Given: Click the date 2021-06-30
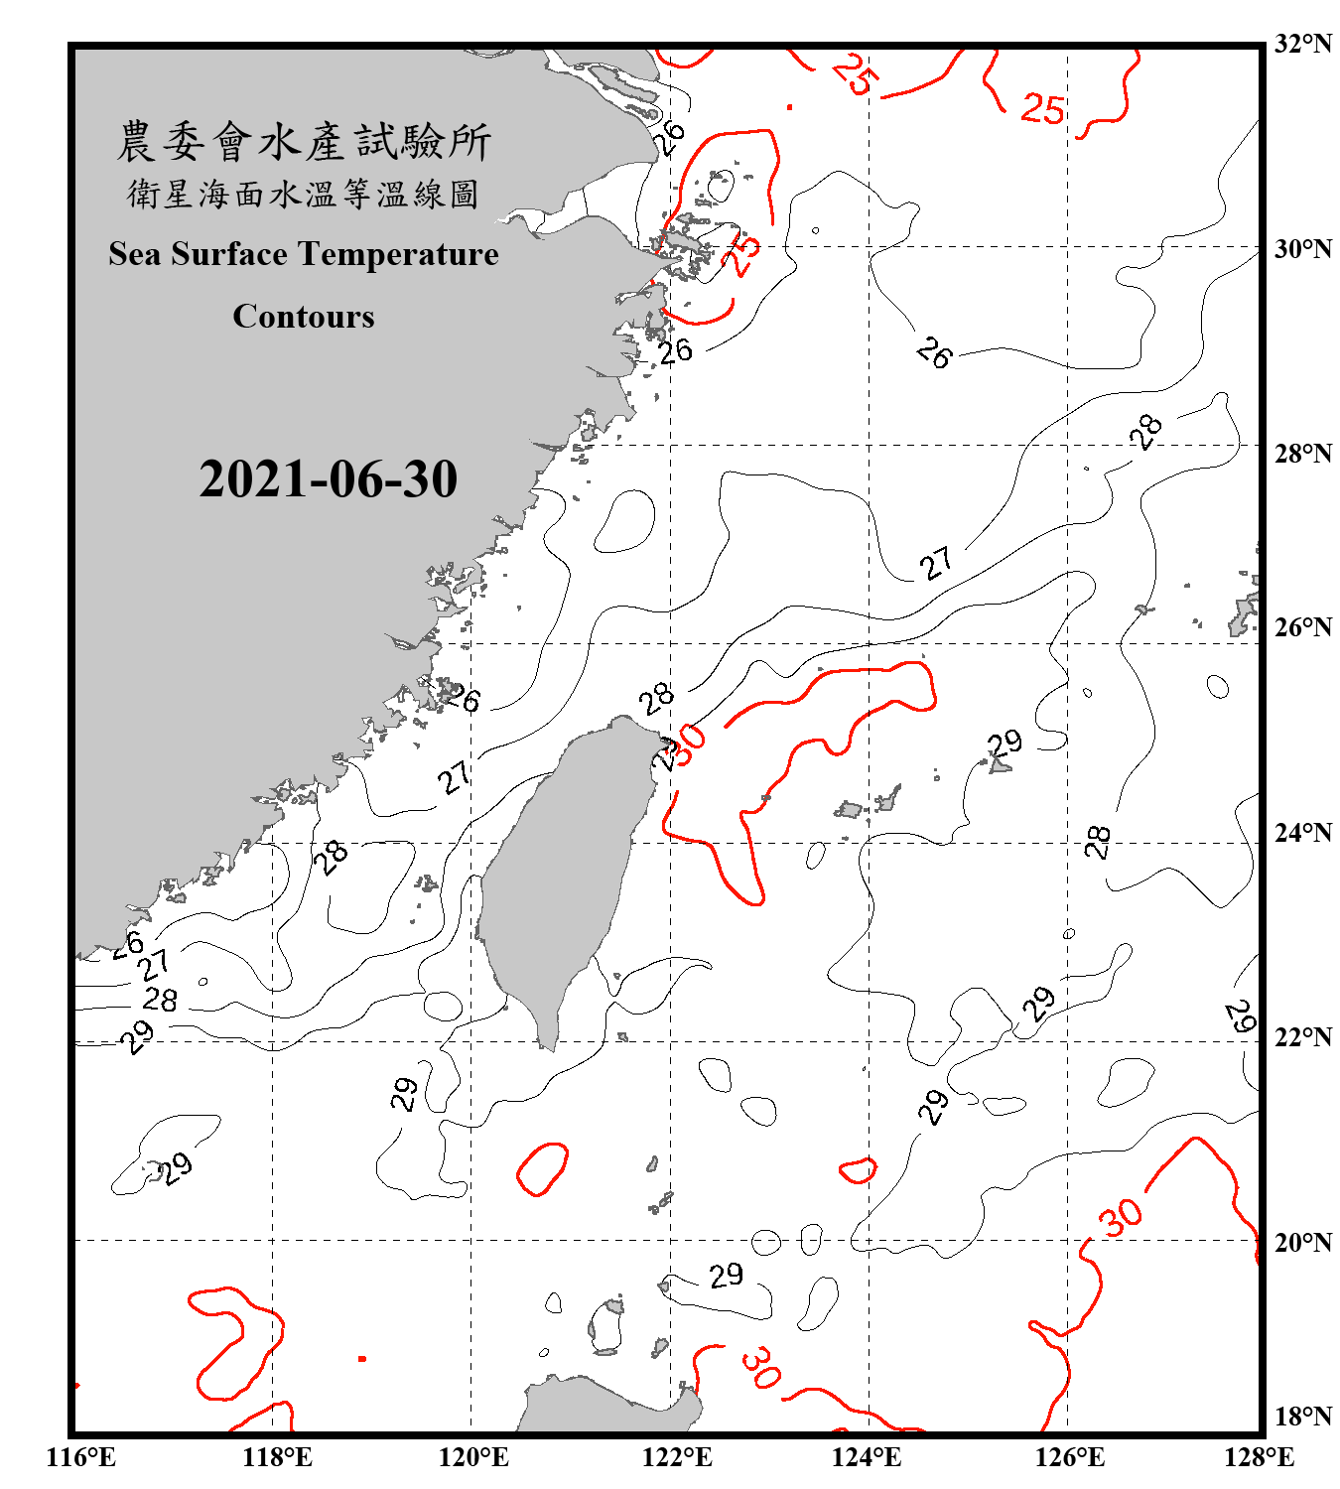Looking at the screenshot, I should click(328, 478).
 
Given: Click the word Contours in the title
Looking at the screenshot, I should click(304, 316).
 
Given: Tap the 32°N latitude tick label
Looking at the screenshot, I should click(1302, 44).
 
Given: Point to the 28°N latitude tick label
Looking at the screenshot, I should click(1302, 453).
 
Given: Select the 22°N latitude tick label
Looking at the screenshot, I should click(1302, 1037).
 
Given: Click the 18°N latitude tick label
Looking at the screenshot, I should click(1302, 1416).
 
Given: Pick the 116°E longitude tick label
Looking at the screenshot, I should click(81, 1457).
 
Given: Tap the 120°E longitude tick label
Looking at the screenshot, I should click(473, 1457).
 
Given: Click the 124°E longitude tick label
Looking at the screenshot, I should click(867, 1457).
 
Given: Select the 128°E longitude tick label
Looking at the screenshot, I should click(1259, 1457).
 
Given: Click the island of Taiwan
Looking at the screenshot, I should click(561, 874).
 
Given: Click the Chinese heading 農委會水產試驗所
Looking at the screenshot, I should click(304, 141).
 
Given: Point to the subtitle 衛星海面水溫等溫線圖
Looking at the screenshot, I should click(304, 194).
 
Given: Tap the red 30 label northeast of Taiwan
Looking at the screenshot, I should click(688, 742).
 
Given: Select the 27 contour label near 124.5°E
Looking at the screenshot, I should click(936, 563).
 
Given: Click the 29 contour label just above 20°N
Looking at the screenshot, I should click(726, 1275).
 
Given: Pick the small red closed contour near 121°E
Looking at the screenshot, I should click(542, 1168).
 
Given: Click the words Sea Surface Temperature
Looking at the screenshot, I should click(304, 254).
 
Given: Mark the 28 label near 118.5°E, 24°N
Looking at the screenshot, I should click(332, 856).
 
